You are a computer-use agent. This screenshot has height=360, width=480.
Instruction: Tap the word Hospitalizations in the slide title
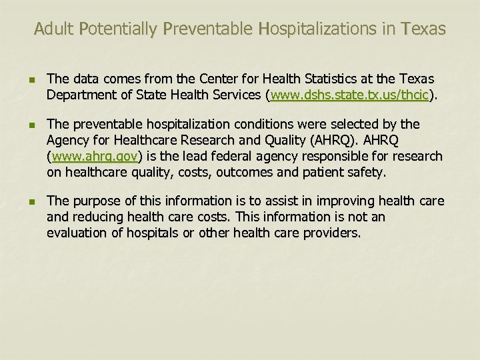(x=315, y=29)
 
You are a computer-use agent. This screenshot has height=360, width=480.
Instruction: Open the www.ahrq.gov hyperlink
(x=94, y=157)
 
